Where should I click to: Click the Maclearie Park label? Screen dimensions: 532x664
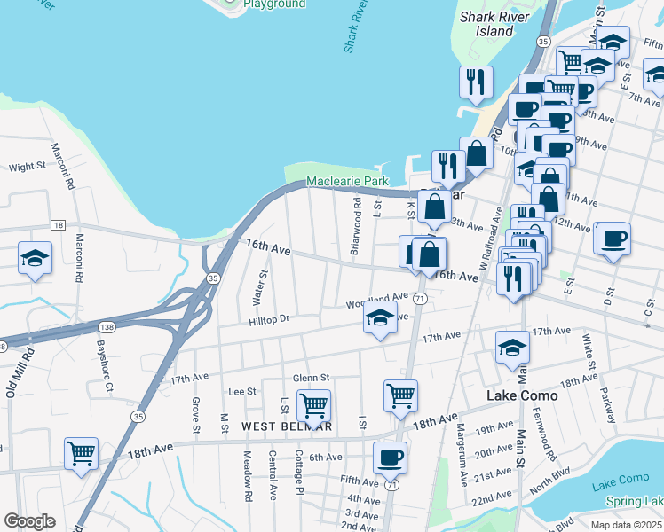pos(347,182)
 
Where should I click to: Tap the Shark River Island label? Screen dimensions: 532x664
pos(494,24)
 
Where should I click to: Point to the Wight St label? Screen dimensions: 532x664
pos(27,167)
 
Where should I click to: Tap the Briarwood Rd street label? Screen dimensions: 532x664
pos(355,227)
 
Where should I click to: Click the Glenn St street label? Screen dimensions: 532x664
pos(311,377)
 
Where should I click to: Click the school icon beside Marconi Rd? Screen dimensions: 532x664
pos(35,258)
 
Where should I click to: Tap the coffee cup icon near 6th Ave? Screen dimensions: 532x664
pos(390,458)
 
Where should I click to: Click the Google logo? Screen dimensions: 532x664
pos(29,521)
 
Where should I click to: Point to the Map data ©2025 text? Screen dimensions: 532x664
pos(626,525)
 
